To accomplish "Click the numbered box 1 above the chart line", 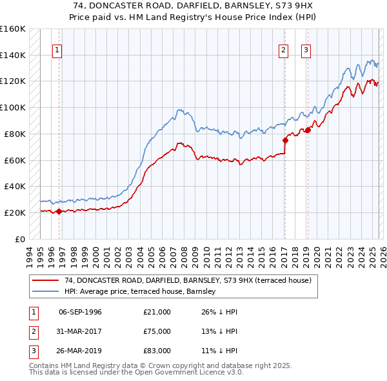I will [x=57, y=50].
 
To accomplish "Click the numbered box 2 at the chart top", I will [x=283, y=50].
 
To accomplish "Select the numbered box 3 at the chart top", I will [x=306, y=50].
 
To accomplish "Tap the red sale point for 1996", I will [x=59, y=211].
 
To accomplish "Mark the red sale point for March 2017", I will [x=284, y=139].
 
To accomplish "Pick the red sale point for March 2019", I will [x=307, y=130].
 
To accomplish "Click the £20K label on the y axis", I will [x=15, y=212].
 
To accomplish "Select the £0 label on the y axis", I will [x=19, y=239].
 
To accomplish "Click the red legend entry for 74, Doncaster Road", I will [x=188, y=280].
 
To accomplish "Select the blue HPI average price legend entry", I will [x=143, y=292].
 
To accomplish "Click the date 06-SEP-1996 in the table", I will [x=80, y=312].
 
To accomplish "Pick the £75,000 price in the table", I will [x=157, y=331].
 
